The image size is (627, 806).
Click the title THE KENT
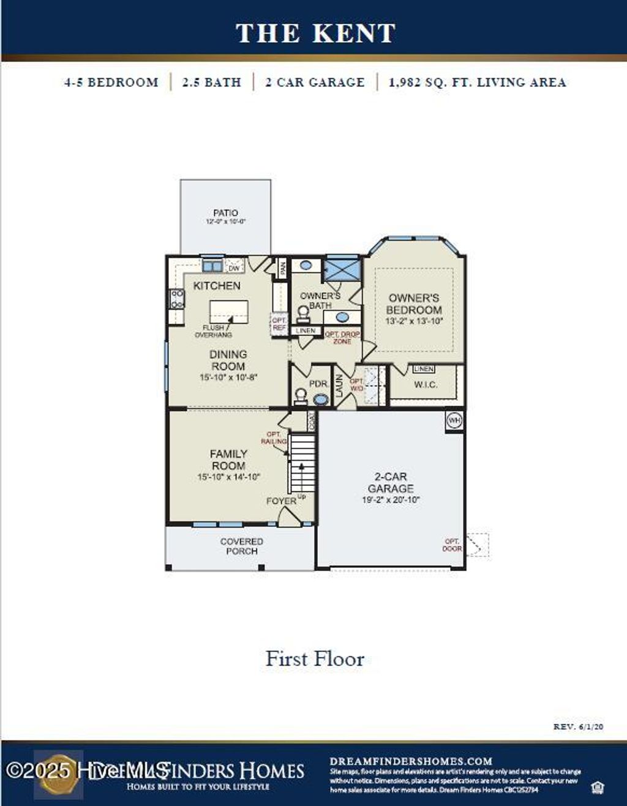[x=315, y=33]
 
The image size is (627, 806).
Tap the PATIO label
[x=225, y=213]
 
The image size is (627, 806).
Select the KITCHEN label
[x=217, y=286]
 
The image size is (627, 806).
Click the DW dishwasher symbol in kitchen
[x=234, y=267]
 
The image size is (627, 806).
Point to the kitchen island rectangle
[x=229, y=311]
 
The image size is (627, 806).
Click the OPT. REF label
[x=279, y=324]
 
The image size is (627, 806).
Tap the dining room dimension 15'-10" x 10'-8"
[x=228, y=378]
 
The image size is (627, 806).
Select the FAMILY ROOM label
[x=228, y=460]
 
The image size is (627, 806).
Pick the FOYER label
[x=281, y=501]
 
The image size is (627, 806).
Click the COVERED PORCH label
[x=242, y=546]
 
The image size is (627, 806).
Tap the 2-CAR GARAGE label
[x=391, y=482]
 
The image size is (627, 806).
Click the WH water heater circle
[x=454, y=420]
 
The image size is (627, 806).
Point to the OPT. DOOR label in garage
[x=452, y=545]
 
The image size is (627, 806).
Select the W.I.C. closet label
[x=426, y=384]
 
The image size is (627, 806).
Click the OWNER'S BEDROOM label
[x=414, y=304]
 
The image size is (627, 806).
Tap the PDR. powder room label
[x=318, y=384]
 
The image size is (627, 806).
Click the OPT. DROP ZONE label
[x=342, y=338]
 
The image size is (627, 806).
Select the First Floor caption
[x=315, y=659]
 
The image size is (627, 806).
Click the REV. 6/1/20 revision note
[x=578, y=726]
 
